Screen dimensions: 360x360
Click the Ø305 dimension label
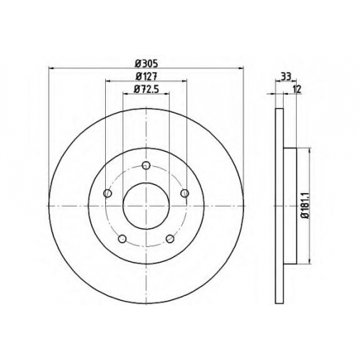[146, 64]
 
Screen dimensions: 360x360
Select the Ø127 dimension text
[146, 76]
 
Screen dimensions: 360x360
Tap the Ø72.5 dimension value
[147, 89]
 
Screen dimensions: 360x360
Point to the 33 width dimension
[286, 77]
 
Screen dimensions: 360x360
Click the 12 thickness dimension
[297, 89]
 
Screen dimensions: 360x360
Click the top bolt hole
[146, 165]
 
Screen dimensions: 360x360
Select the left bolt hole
[107, 193]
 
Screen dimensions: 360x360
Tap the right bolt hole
[185, 193]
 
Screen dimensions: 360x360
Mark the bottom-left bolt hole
[122, 238]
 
